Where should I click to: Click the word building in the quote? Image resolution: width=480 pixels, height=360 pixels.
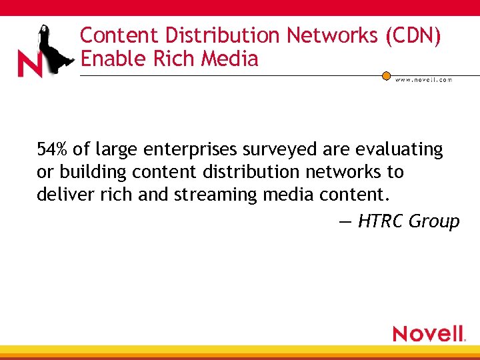(x=93, y=172)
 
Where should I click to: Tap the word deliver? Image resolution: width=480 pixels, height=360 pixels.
(x=61, y=194)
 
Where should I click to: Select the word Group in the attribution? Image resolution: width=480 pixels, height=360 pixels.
(x=434, y=221)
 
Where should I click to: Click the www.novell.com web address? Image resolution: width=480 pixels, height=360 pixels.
(x=423, y=79)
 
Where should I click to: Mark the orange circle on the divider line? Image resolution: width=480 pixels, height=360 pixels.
(x=386, y=76)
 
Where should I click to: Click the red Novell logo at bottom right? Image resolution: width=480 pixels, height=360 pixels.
(x=429, y=333)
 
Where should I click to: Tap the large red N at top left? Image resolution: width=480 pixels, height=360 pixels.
(x=29, y=64)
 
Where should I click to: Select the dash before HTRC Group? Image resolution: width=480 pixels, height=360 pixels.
(x=345, y=221)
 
